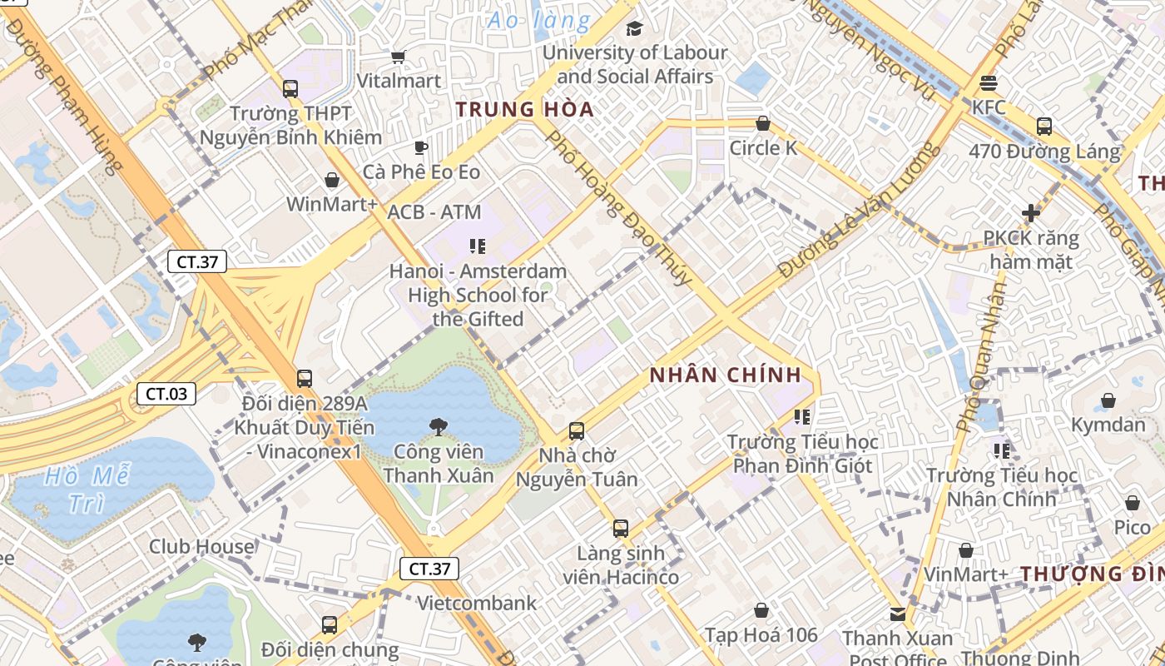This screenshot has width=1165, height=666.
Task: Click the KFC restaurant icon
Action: coord(989,82)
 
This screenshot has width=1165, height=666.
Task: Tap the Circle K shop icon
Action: coord(762,124)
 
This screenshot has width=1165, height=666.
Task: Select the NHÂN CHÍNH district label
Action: coord(726,375)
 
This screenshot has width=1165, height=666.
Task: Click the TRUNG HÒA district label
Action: coord(525,109)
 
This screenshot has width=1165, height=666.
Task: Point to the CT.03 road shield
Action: coord(166,394)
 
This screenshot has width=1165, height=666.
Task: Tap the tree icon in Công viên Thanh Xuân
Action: coord(439,427)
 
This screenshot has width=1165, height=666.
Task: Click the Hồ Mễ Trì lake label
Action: coord(87,490)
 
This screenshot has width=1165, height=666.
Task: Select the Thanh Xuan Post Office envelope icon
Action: coord(898,614)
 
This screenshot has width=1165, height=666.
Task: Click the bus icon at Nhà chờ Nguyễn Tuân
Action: coord(577,431)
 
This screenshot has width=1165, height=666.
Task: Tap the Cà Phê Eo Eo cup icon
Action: coord(421,147)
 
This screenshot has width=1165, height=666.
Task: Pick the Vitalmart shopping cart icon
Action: coord(398,57)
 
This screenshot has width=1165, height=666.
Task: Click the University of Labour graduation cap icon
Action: coord(634,28)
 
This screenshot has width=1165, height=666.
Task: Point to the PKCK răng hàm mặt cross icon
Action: coord(1031,213)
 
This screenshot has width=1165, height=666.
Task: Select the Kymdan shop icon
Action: coord(1108,400)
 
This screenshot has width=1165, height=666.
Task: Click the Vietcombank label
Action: coord(477,603)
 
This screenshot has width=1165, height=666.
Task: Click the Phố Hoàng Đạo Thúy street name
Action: coord(618,208)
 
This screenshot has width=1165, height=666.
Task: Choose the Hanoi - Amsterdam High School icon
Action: coord(478,246)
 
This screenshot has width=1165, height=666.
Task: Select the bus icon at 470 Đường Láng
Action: coord(1044,127)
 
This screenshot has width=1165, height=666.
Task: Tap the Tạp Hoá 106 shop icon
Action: coord(761,610)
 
